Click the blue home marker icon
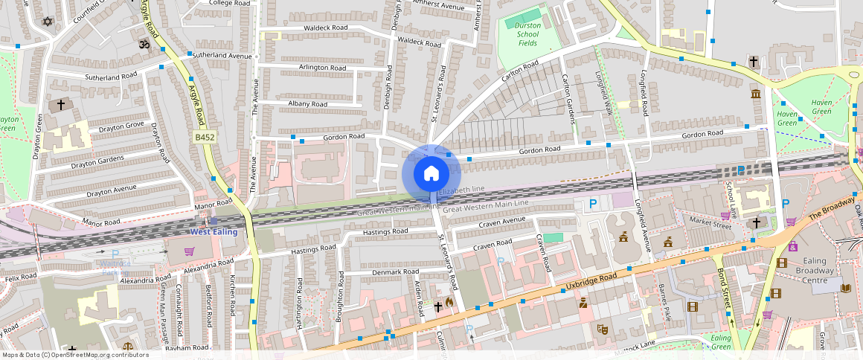coord(431,174)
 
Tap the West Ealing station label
coord(214,231)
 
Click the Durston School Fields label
coord(527,34)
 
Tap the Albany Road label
coord(303,104)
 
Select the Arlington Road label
coord(322,68)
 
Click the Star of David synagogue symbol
coord(49,22)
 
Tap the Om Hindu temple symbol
coord(144,45)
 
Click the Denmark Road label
coord(397,272)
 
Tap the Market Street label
coord(710,221)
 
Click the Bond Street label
coord(722,283)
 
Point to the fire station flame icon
coord(449,303)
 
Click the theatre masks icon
coord(603,328)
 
